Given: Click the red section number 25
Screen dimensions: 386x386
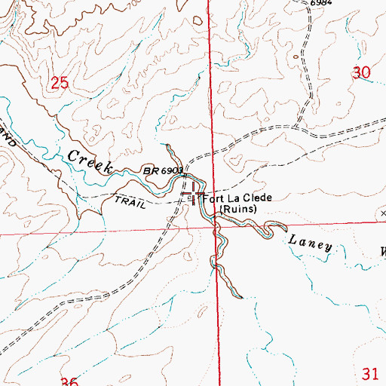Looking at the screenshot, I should tap(61, 82).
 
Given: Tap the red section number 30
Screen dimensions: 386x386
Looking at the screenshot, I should tap(363, 73).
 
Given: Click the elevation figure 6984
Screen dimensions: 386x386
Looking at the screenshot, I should tap(321, 4).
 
